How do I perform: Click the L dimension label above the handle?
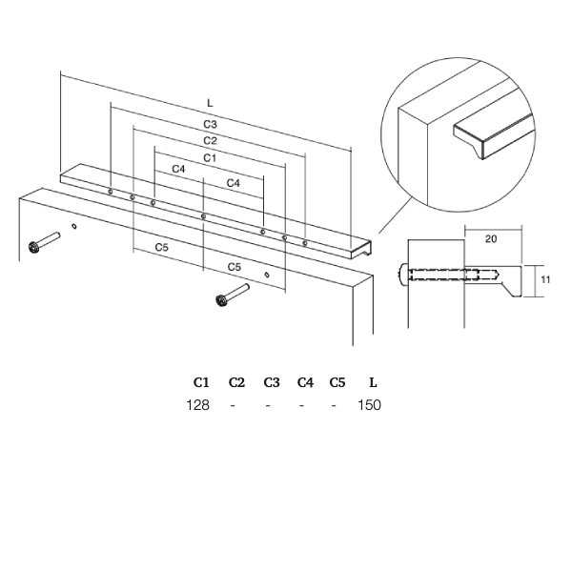(210, 103)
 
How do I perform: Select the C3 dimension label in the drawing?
(210, 124)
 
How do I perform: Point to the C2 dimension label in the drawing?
(210, 141)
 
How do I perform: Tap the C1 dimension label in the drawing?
(210, 158)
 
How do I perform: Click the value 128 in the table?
(197, 405)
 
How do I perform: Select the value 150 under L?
(369, 405)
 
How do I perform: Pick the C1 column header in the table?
(201, 382)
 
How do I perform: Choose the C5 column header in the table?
(337, 382)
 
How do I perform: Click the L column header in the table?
(373, 382)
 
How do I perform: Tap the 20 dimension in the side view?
(491, 239)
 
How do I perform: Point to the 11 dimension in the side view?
(545, 279)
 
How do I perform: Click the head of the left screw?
(34, 247)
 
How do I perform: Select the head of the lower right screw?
(221, 300)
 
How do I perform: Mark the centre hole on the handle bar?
(204, 216)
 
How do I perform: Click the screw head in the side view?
(402, 275)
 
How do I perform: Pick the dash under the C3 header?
(268, 405)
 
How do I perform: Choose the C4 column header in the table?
(305, 382)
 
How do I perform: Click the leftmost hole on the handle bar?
(111, 192)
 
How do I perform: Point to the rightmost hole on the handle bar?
(305, 243)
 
